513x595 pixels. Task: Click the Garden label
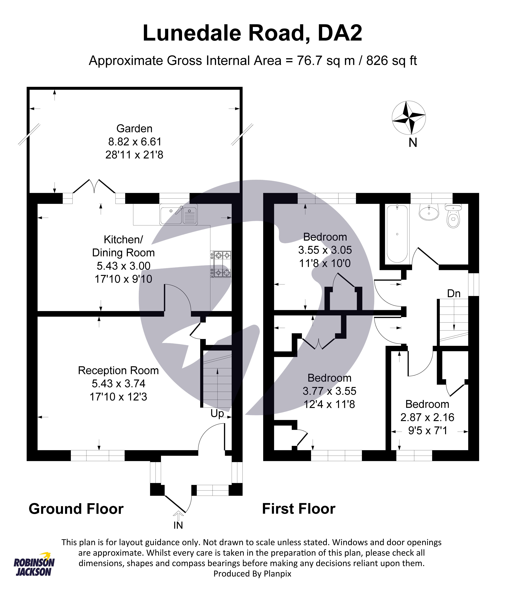tap(134, 129)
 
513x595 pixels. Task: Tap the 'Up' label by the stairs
tap(217, 414)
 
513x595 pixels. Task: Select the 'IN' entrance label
tap(178, 525)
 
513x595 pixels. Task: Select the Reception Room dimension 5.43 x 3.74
tap(118, 384)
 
